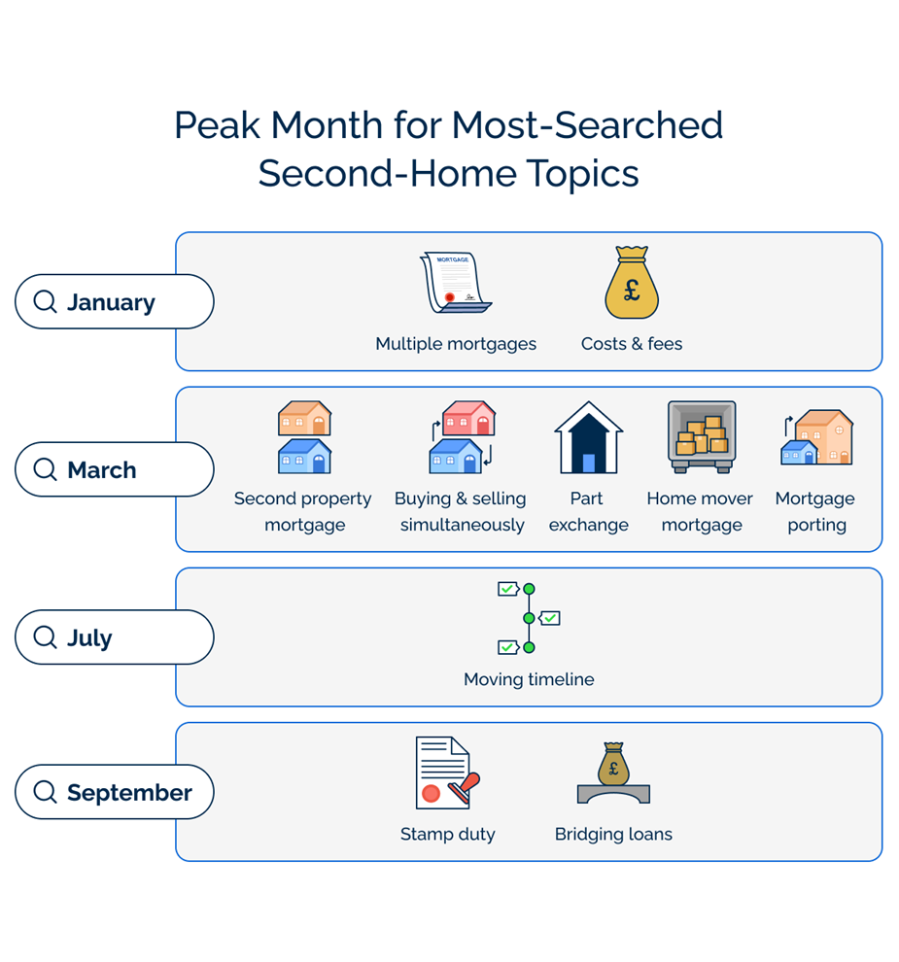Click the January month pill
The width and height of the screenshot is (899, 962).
tap(114, 302)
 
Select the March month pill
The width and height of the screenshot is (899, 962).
tap(114, 470)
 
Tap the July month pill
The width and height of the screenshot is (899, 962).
tap(114, 637)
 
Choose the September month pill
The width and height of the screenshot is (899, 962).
tap(114, 793)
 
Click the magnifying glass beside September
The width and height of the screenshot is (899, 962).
tap(45, 792)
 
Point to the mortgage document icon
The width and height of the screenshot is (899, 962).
tap(455, 283)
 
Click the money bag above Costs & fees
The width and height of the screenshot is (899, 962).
tap(632, 283)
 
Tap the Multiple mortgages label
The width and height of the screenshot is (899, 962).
tap(456, 344)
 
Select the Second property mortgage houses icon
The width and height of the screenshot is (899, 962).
tap(304, 437)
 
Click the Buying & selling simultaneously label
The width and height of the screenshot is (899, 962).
tap(461, 511)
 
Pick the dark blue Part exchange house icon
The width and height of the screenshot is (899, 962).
tap(588, 438)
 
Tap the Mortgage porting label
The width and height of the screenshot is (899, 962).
tap(815, 511)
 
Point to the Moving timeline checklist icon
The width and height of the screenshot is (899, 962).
tap(529, 618)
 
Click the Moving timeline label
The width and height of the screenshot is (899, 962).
tap(529, 679)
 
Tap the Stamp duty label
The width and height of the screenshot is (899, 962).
tap(448, 834)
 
